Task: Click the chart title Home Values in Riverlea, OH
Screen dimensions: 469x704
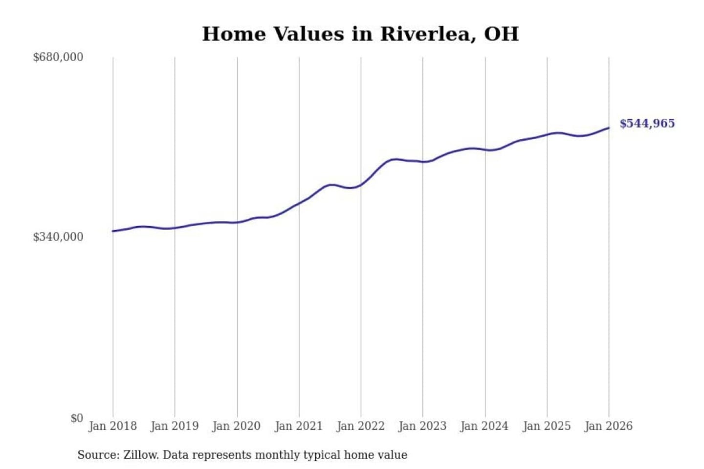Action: click(360, 34)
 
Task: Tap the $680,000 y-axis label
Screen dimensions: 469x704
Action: click(58, 57)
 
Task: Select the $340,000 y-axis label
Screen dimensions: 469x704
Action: click(58, 237)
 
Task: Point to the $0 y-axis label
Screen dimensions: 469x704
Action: click(77, 418)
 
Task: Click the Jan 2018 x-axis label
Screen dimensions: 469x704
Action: click(112, 426)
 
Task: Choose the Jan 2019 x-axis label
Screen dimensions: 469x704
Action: click(175, 426)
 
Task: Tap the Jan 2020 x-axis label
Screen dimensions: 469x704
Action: click(237, 426)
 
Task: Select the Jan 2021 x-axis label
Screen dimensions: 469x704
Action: click(299, 426)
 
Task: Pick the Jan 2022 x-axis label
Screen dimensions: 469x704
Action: click(361, 426)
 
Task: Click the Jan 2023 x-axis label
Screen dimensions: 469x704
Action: click(422, 426)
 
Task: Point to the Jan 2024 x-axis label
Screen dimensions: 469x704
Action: click(484, 426)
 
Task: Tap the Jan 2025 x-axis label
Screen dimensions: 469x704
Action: click(547, 426)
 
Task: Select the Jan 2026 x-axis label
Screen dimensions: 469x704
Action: click(609, 426)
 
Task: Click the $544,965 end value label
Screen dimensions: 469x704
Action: click(647, 124)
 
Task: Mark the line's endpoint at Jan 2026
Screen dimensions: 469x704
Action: click(609, 128)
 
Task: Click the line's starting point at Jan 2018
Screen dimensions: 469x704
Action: click(113, 231)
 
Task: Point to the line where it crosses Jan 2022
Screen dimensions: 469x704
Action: click(361, 185)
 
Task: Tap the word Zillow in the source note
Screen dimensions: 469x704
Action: click(140, 455)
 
